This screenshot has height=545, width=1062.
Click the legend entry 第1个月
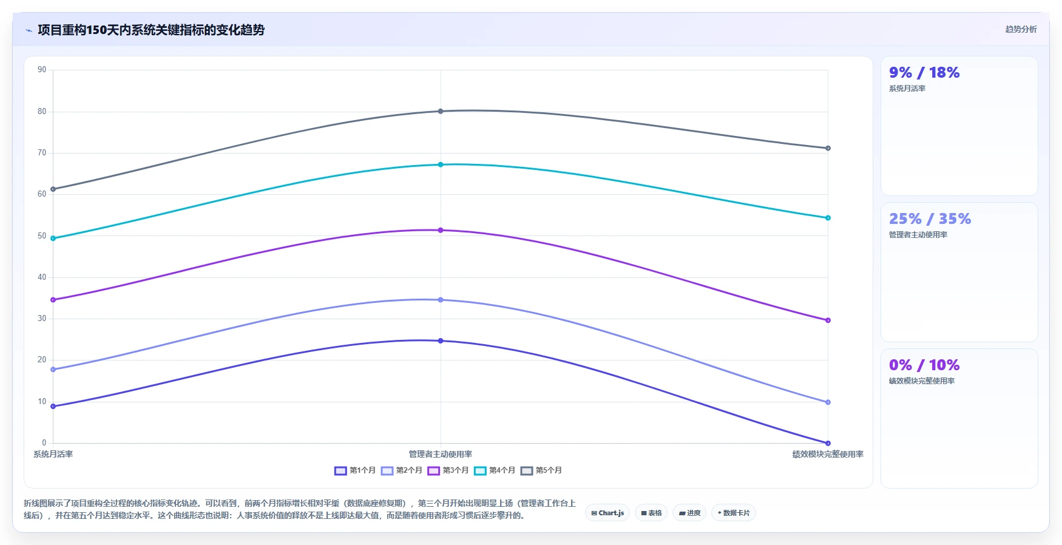point(355,470)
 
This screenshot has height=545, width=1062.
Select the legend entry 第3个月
point(448,470)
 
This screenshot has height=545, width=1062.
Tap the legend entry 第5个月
point(541,470)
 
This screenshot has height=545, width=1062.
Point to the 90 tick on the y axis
point(42,70)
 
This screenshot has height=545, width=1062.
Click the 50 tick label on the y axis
point(42,235)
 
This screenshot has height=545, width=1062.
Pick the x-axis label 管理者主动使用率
point(441,454)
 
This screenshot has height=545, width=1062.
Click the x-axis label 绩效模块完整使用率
point(828,454)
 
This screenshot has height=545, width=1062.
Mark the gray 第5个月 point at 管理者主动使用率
point(441,111)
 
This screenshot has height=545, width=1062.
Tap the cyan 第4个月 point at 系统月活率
point(53,239)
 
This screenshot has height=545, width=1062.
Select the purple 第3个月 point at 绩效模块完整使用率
point(828,320)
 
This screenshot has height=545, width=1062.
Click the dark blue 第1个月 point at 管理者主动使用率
point(441,341)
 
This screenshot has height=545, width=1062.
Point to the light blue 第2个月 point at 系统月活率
point(53,370)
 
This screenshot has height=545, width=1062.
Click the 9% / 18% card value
point(924,73)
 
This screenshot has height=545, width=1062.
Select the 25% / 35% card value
point(930,219)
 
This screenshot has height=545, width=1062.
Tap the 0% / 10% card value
point(924,365)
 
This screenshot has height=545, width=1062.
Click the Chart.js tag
point(607,513)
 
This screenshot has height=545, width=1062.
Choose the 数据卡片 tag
point(734,513)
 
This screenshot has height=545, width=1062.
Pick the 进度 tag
point(689,513)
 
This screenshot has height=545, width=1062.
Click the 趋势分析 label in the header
point(1021,29)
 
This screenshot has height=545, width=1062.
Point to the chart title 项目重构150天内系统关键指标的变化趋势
point(151,30)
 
